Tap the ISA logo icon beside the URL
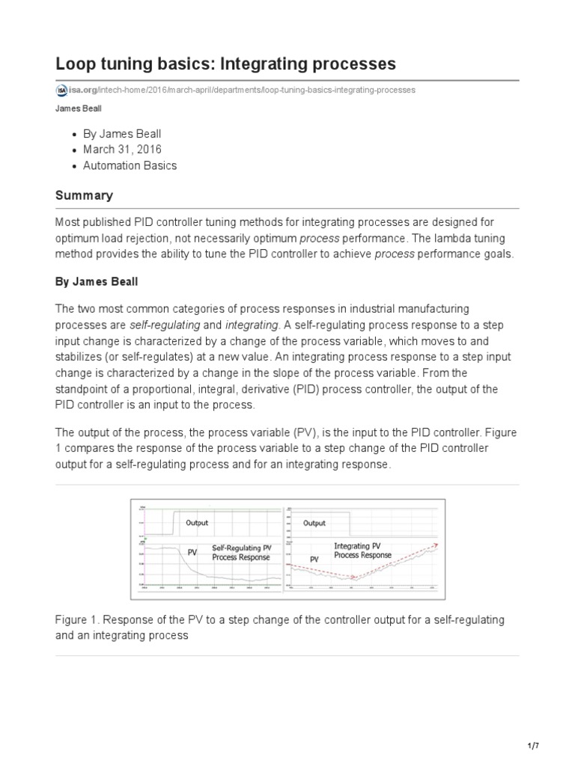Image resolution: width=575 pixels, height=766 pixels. pos(61,90)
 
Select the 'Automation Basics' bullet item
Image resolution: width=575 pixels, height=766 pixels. pos(130,165)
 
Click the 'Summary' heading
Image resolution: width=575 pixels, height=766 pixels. pos(84,195)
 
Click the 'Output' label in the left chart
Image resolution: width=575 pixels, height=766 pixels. pos(197,523)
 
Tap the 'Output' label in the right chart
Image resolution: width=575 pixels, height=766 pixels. pos(314,523)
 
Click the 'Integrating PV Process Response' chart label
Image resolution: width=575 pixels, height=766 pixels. pos(362,551)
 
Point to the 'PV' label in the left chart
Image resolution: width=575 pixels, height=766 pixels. pos(192,552)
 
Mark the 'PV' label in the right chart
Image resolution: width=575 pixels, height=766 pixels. pos(314,559)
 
